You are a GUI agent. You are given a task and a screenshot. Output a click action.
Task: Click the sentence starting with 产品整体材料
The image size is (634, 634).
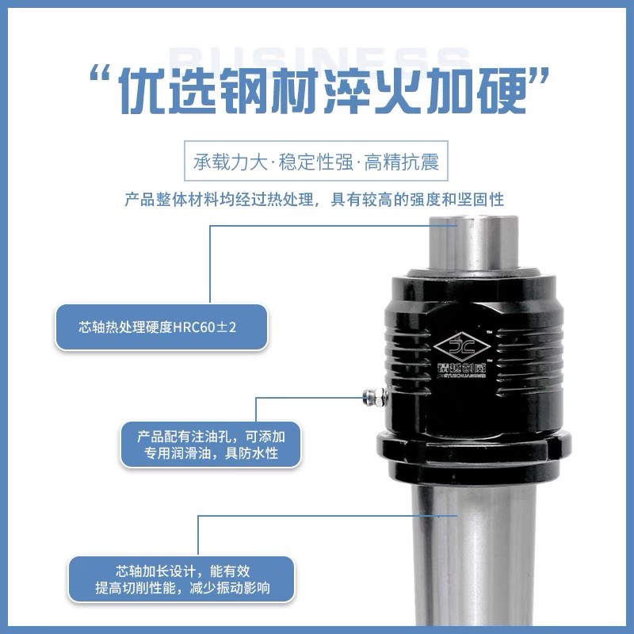click(x=315, y=199)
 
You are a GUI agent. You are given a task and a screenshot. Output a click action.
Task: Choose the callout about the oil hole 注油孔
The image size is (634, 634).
click(x=211, y=445)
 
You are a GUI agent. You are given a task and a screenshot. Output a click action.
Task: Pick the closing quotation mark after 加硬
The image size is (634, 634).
click(x=541, y=79)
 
